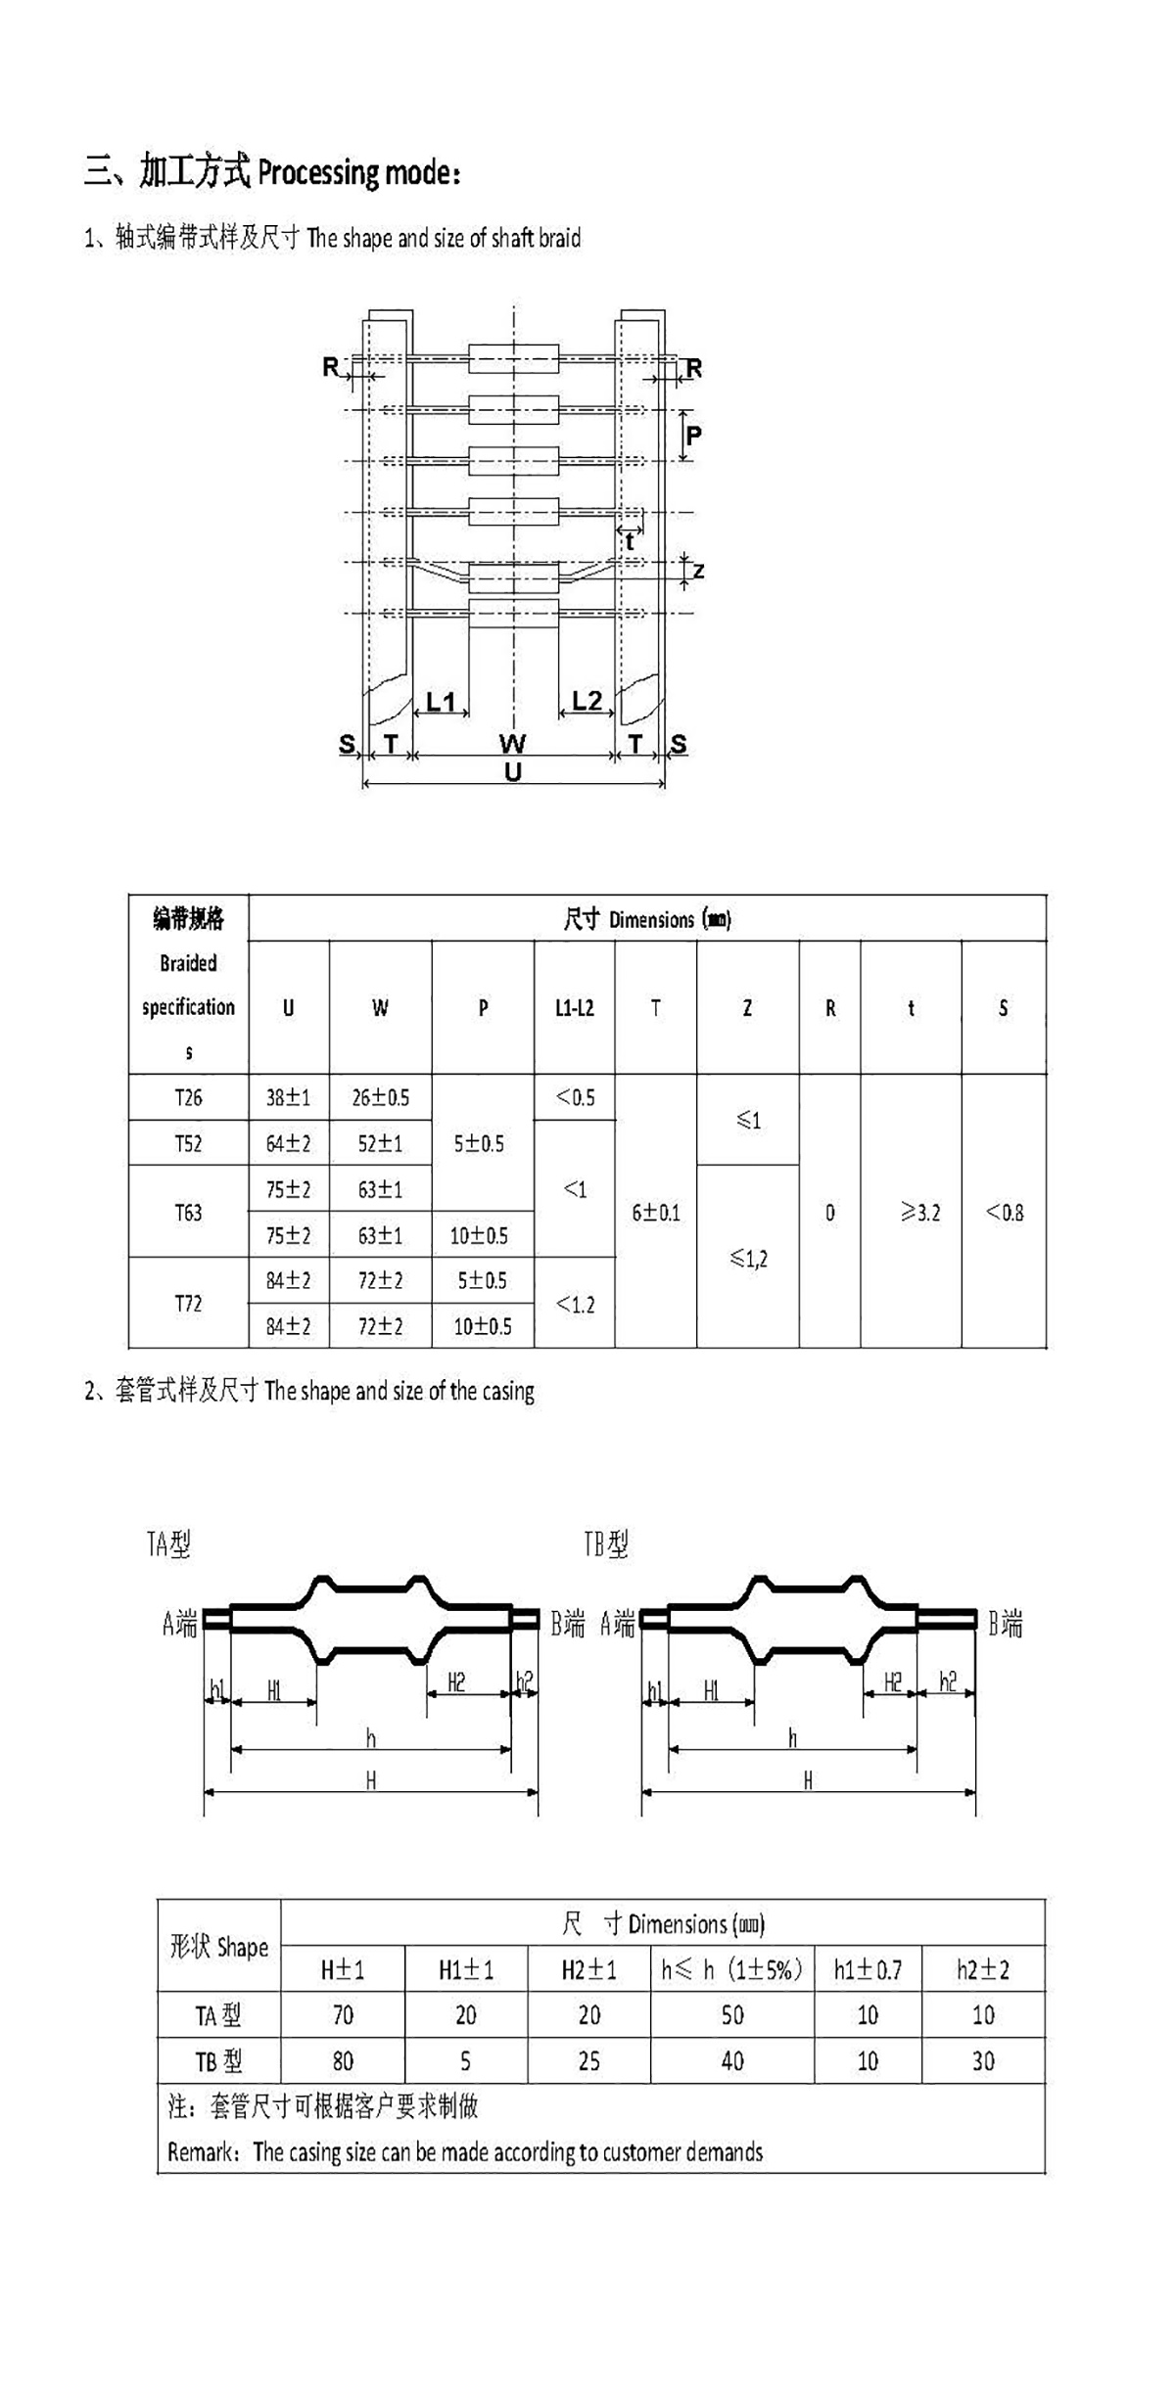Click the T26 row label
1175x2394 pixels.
pyautogui.click(x=188, y=1097)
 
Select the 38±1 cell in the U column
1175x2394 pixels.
pyautogui.click(x=288, y=1097)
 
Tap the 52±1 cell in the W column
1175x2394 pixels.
pyautogui.click(x=380, y=1143)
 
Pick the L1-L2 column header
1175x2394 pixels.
pyautogui.click(x=574, y=1008)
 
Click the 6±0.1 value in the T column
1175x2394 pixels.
pyautogui.click(x=655, y=1213)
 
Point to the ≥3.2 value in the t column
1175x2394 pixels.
pyautogui.click(x=920, y=1213)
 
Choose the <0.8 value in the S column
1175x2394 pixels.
pyautogui.click(x=1004, y=1213)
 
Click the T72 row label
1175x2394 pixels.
pyautogui.click(x=188, y=1304)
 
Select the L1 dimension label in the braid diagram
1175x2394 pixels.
pyautogui.click(x=442, y=702)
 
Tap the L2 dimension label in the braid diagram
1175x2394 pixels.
pyautogui.click(x=587, y=701)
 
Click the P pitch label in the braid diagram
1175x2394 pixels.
pyautogui.click(x=693, y=436)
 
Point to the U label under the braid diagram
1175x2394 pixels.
pyautogui.click(x=513, y=771)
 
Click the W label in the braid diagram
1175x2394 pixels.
pyautogui.click(x=512, y=744)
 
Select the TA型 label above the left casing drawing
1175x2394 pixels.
pyautogui.click(x=168, y=1544)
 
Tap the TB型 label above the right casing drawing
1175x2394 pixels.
pyautogui.click(x=606, y=1544)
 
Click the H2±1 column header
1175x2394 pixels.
pyautogui.click(x=588, y=1969)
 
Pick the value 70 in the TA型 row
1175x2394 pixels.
pyautogui.click(x=343, y=2015)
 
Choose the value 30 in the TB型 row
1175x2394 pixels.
pyautogui.click(x=983, y=2061)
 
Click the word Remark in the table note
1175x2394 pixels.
pyautogui.click(x=202, y=2153)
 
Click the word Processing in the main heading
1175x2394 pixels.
pyautogui.click(x=318, y=172)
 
